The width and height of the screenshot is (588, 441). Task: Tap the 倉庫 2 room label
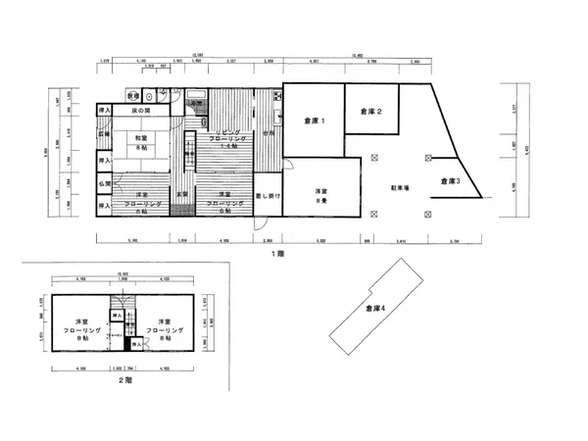click(370, 112)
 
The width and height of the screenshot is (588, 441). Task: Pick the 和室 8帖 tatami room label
click(141, 142)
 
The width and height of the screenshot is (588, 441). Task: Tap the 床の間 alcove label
click(147, 110)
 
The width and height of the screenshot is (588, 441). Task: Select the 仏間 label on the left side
click(104, 184)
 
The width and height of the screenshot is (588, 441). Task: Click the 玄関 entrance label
click(181, 194)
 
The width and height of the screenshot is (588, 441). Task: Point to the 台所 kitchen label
click(266, 134)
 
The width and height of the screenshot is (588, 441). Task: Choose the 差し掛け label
click(269, 196)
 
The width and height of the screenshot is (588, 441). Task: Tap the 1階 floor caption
click(278, 253)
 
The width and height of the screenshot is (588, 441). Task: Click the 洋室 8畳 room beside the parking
click(320, 195)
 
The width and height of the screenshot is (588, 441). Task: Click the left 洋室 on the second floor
click(82, 327)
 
